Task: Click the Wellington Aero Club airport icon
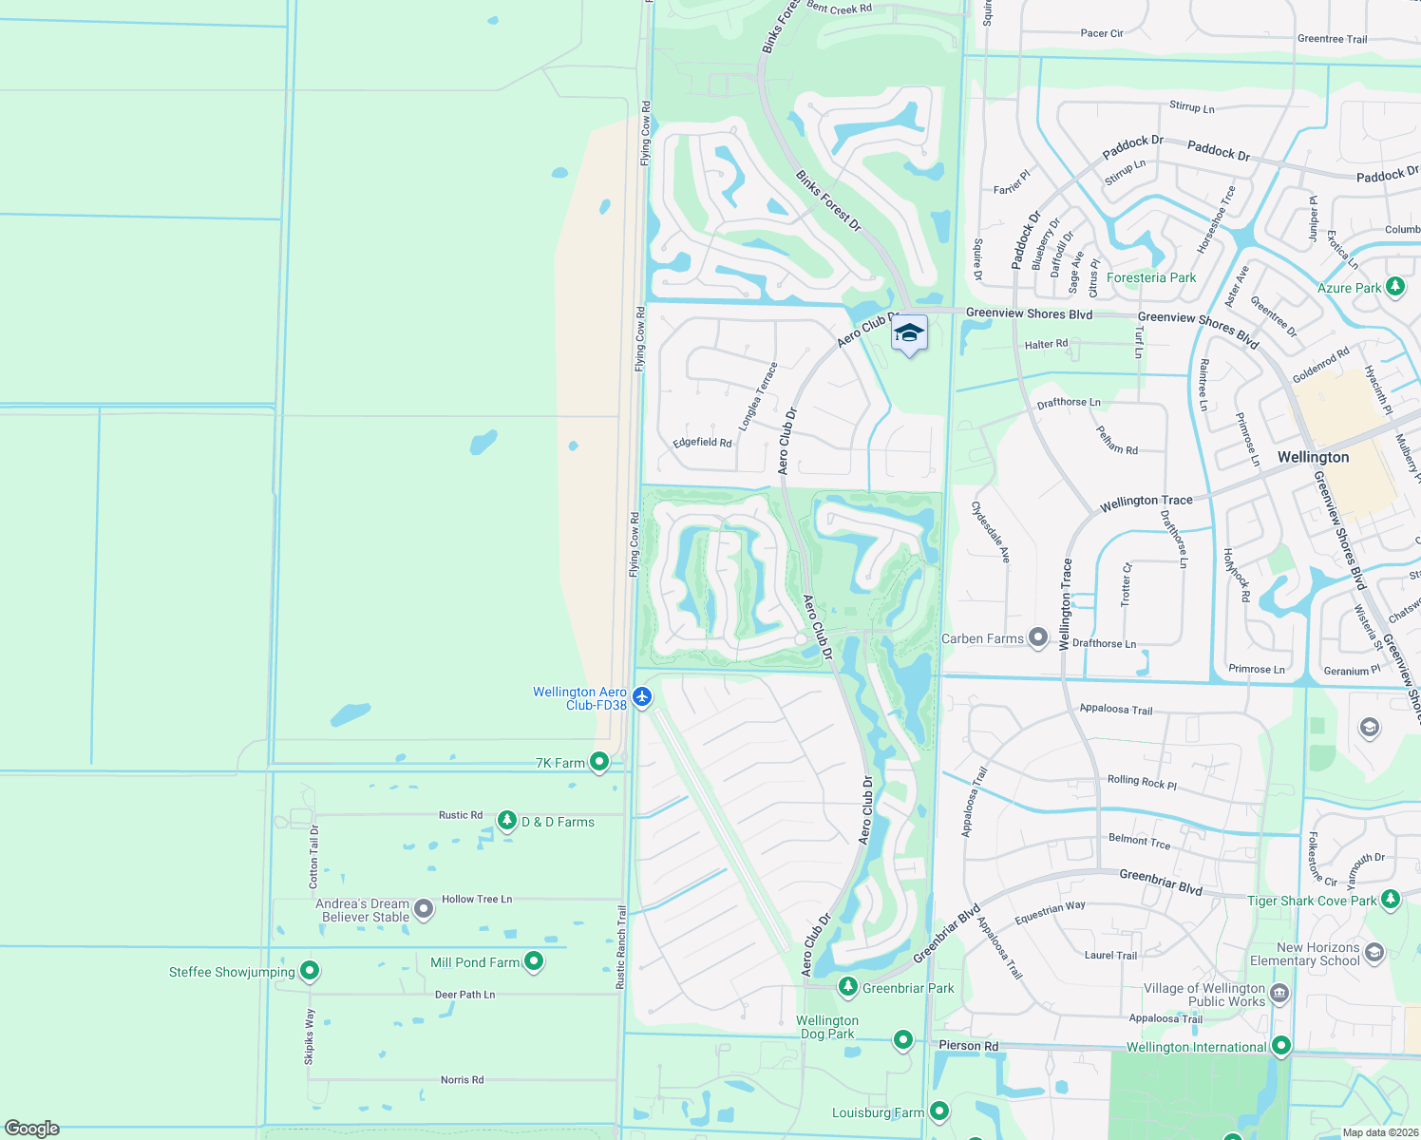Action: [x=642, y=697]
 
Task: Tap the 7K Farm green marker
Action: [x=599, y=761]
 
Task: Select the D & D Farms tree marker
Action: [x=507, y=820]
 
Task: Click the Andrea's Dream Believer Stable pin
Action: [x=425, y=909]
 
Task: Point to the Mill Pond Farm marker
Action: [x=534, y=960]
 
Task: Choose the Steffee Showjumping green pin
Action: [x=310, y=970]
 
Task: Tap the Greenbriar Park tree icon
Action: [x=848, y=987]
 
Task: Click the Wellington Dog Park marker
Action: [x=902, y=1039]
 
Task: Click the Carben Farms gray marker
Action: [x=1038, y=636]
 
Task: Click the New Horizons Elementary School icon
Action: [x=1374, y=952]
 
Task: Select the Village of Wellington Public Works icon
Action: [x=1279, y=994]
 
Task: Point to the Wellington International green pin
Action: [x=1281, y=1045]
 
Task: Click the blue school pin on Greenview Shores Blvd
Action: [x=909, y=333]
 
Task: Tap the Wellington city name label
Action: [x=1313, y=457]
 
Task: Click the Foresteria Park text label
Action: [x=1151, y=277]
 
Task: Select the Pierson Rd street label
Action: [x=968, y=1045]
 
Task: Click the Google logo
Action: [x=32, y=1129]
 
